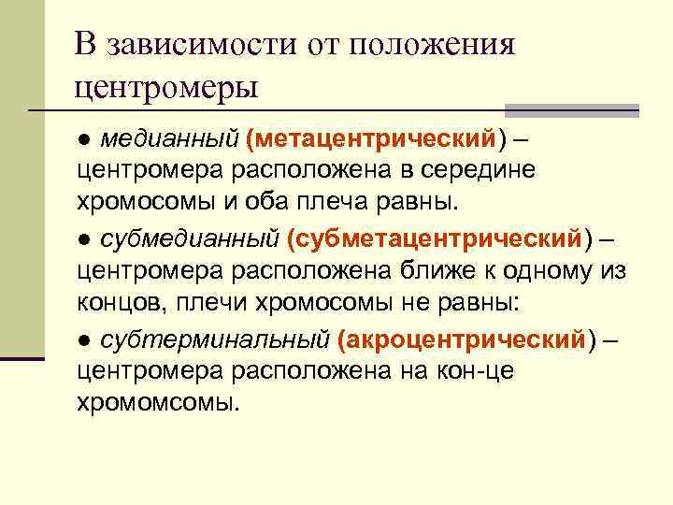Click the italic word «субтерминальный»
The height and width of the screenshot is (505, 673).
[214, 339]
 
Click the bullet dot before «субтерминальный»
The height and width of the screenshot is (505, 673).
[83, 339]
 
